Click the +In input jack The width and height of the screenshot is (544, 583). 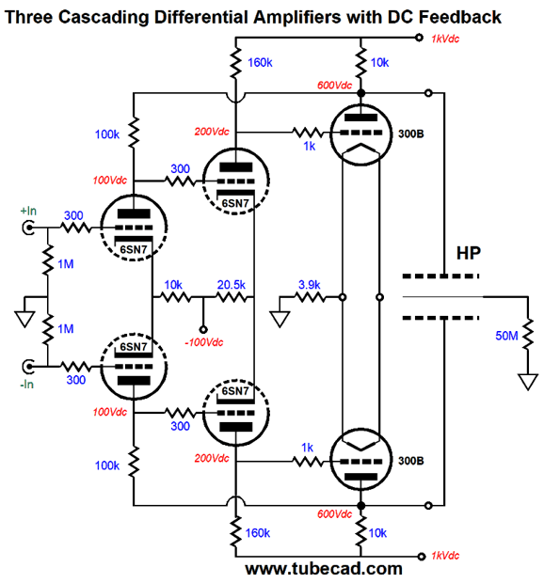pyautogui.click(x=28, y=228)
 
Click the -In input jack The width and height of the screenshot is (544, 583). pyautogui.click(x=28, y=367)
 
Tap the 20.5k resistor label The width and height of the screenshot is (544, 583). pyautogui.click(x=232, y=285)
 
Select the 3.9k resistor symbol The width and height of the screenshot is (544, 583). pyautogui.click(x=310, y=297)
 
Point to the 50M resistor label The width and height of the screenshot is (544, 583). pyautogui.click(x=506, y=336)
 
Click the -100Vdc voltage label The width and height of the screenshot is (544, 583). pyautogui.click(x=204, y=342)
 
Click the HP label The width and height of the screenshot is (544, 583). pyautogui.click(x=469, y=253)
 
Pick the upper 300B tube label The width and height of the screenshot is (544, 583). pyautogui.click(x=410, y=134)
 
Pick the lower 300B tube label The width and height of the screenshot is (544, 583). pyautogui.click(x=410, y=461)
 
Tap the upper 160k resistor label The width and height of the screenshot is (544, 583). pyautogui.click(x=260, y=63)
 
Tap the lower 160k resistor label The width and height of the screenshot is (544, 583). pyautogui.click(x=258, y=533)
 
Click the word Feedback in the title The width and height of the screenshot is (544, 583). pyautogui.click(x=460, y=17)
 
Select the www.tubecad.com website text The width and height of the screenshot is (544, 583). pyautogui.click(x=324, y=569)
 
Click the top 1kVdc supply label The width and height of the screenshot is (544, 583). pyautogui.click(x=445, y=39)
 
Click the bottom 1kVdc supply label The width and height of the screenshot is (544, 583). pyautogui.click(x=445, y=556)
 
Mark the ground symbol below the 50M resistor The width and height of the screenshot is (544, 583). pyautogui.click(x=528, y=382)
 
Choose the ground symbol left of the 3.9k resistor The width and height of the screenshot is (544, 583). pyautogui.click(x=280, y=320)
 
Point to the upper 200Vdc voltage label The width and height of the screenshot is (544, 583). pyautogui.click(x=212, y=132)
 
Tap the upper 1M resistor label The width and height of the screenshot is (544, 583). pyautogui.click(x=66, y=264)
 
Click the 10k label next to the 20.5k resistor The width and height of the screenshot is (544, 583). pyautogui.click(x=173, y=285)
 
